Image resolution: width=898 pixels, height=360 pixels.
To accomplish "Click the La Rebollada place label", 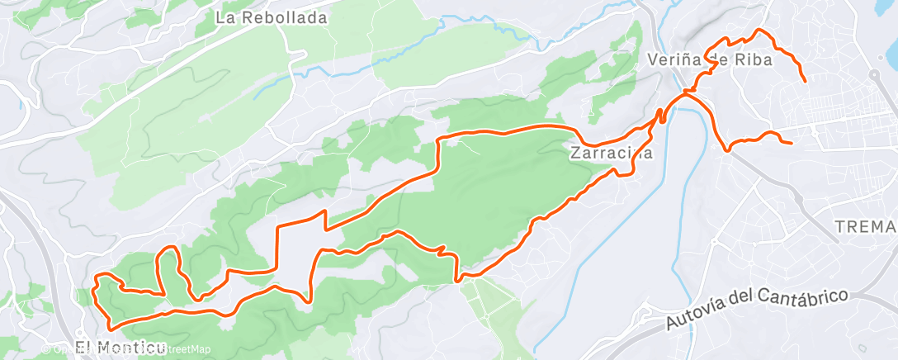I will coord(271,17).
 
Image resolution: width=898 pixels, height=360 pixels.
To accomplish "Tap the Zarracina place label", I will coord(612,153).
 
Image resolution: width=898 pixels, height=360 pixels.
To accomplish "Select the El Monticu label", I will coord(120,347).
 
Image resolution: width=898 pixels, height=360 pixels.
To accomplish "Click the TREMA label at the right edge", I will coord(865,226).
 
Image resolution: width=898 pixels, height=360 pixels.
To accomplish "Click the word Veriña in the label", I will coord(673,59).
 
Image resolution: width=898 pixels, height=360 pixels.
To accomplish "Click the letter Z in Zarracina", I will coord(575,153).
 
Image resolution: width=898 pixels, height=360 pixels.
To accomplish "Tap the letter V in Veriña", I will coord(654,59).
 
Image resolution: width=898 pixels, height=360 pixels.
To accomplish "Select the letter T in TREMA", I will coord(839,226).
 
